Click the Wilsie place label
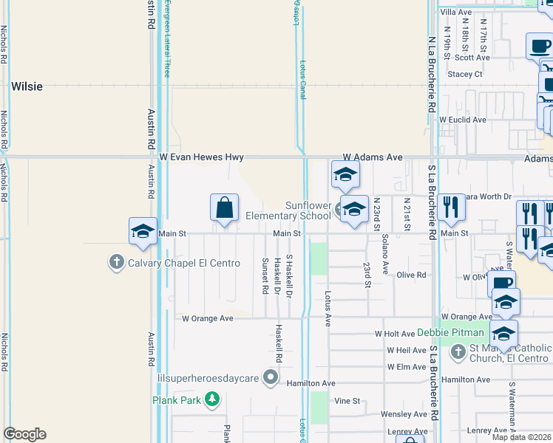pyautogui.click(x=27, y=86)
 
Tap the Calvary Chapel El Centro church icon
pyautogui.click(x=116, y=262)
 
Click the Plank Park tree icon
pyautogui.click(x=213, y=399)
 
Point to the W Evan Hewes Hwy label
pyautogui.click(x=202, y=157)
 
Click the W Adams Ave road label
pyautogui.click(x=373, y=157)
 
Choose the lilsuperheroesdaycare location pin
pyautogui.click(x=271, y=378)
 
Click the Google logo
pyautogui.click(x=24, y=434)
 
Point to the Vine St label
pyautogui.click(x=347, y=401)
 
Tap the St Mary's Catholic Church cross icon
pyautogui.click(x=458, y=351)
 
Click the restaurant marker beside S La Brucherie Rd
pyautogui.click(x=451, y=207)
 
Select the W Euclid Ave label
pyautogui.click(x=463, y=119)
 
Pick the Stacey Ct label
pyautogui.click(x=465, y=74)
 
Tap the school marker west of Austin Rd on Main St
pyautogui.click(x=143, y=231)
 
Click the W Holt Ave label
pyautogui.click(x=396, y=334)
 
